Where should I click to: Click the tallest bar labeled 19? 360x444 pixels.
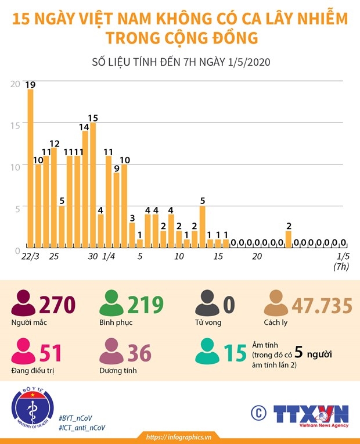[x=30, y=168]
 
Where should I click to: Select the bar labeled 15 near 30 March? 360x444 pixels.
[x=93, y=185]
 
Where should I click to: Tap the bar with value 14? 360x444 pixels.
[x=85, y=189]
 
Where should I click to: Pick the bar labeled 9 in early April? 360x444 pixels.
[x=116, y=210]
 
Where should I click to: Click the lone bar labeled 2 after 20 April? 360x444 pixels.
[x=289, y=239]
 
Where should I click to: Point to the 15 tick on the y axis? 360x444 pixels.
[x=15, y=126]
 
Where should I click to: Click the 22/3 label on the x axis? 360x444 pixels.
[x=30, y=256]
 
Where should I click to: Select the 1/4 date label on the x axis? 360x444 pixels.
[x=109, y=256]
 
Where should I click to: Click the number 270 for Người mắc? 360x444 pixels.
[x=57, y=305]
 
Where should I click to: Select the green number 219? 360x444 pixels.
[x=146, y=305]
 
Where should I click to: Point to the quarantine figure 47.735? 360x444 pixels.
[x=322, y=306]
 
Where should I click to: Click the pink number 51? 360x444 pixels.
[x=51, y=353]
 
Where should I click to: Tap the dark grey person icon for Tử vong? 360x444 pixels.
[x=207, y=303]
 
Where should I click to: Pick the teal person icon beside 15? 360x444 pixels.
[x=207, y=351]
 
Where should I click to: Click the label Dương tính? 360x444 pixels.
[x=118, y=371]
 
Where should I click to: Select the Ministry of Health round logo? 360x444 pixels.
[x=33, y=408]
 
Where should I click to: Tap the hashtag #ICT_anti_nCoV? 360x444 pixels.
[x=82, y=428]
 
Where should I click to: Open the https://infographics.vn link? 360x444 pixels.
[x=179, y=437]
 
